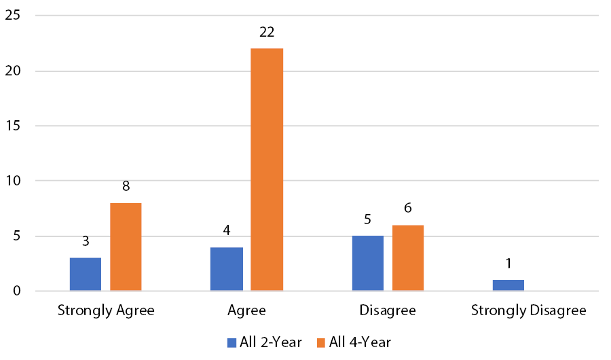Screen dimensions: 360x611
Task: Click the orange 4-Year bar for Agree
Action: [x=267, y=170]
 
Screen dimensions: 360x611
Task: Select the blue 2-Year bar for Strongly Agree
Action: [x=85, y=274]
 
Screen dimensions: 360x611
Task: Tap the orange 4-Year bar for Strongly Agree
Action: [x=125, y=247]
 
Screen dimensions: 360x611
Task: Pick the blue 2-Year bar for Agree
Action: [x=227, y=269]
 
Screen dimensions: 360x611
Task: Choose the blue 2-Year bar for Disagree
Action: [x=367, y=264]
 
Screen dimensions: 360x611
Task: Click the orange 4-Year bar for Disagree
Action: [x=407, y=258]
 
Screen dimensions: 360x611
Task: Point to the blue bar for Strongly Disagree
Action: [x=508, y=285]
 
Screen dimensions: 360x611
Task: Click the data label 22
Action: [x=267, y=32]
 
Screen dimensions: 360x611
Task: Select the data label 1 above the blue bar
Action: [x=508, y=264]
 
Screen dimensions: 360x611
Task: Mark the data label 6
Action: [x=407, y=209]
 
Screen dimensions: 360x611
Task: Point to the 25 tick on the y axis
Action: [x=12, y=15]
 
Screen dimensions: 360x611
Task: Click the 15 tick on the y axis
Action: [x=12, y=126]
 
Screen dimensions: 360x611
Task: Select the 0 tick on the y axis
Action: [x=16, y=291]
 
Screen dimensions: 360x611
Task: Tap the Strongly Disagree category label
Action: [x=528, y=311]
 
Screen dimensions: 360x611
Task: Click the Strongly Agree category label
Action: [x=106, y=311]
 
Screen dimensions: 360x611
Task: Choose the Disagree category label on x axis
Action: [x=387, y=311]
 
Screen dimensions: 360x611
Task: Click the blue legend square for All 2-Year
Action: [x=231, y=342]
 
